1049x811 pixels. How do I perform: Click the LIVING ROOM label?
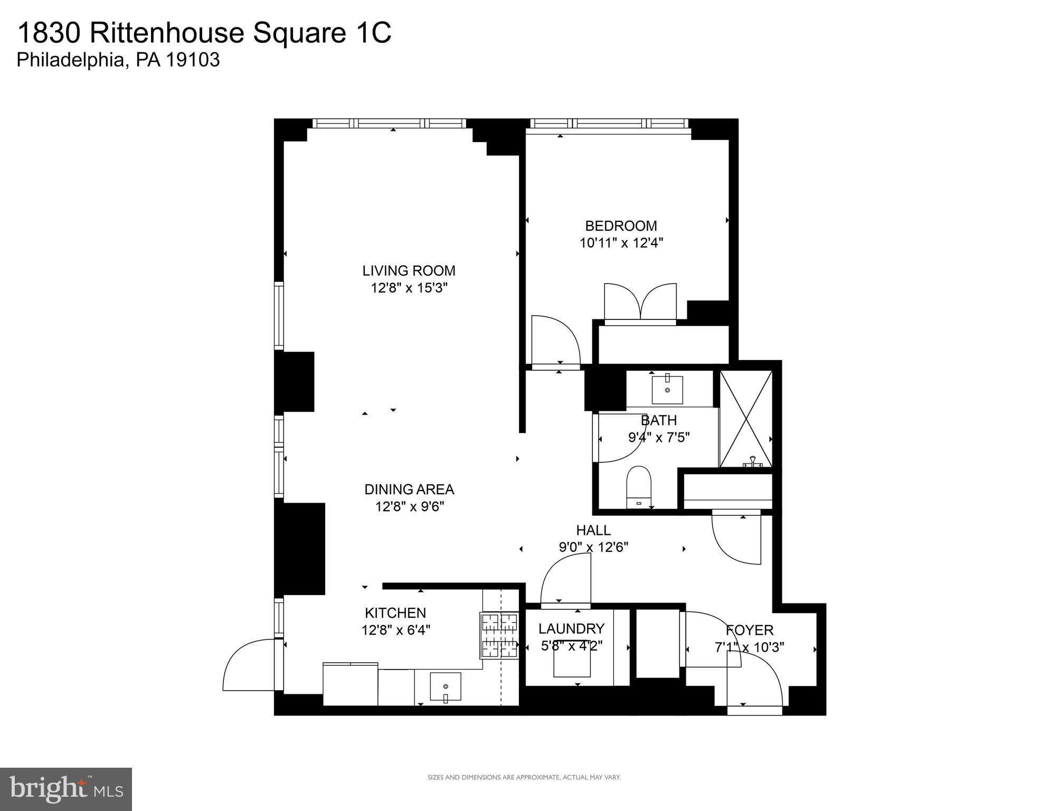(x=409, y=271)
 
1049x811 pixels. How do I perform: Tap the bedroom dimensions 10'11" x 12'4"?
(x=621, y=243)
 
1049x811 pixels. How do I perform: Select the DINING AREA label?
(x=409, y=489)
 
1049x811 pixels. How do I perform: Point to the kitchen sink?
(x=445, y=686)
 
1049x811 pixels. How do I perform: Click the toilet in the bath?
(x=639, y=486)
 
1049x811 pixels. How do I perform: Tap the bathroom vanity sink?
(x=667, y=390)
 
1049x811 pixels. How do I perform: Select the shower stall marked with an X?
(x=745, y=419)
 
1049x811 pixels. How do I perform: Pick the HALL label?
(x=593, y=530)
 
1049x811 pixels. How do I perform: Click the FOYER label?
(x=749, y=630)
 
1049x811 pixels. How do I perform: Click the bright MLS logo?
(x=65, y=789)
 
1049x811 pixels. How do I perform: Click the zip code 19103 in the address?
(x=193, y=60)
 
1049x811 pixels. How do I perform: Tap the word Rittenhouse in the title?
(x=167, y=33)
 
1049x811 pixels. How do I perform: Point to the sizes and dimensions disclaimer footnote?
(x=524, y=777)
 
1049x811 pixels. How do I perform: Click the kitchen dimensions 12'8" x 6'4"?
(x=395, y=630)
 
